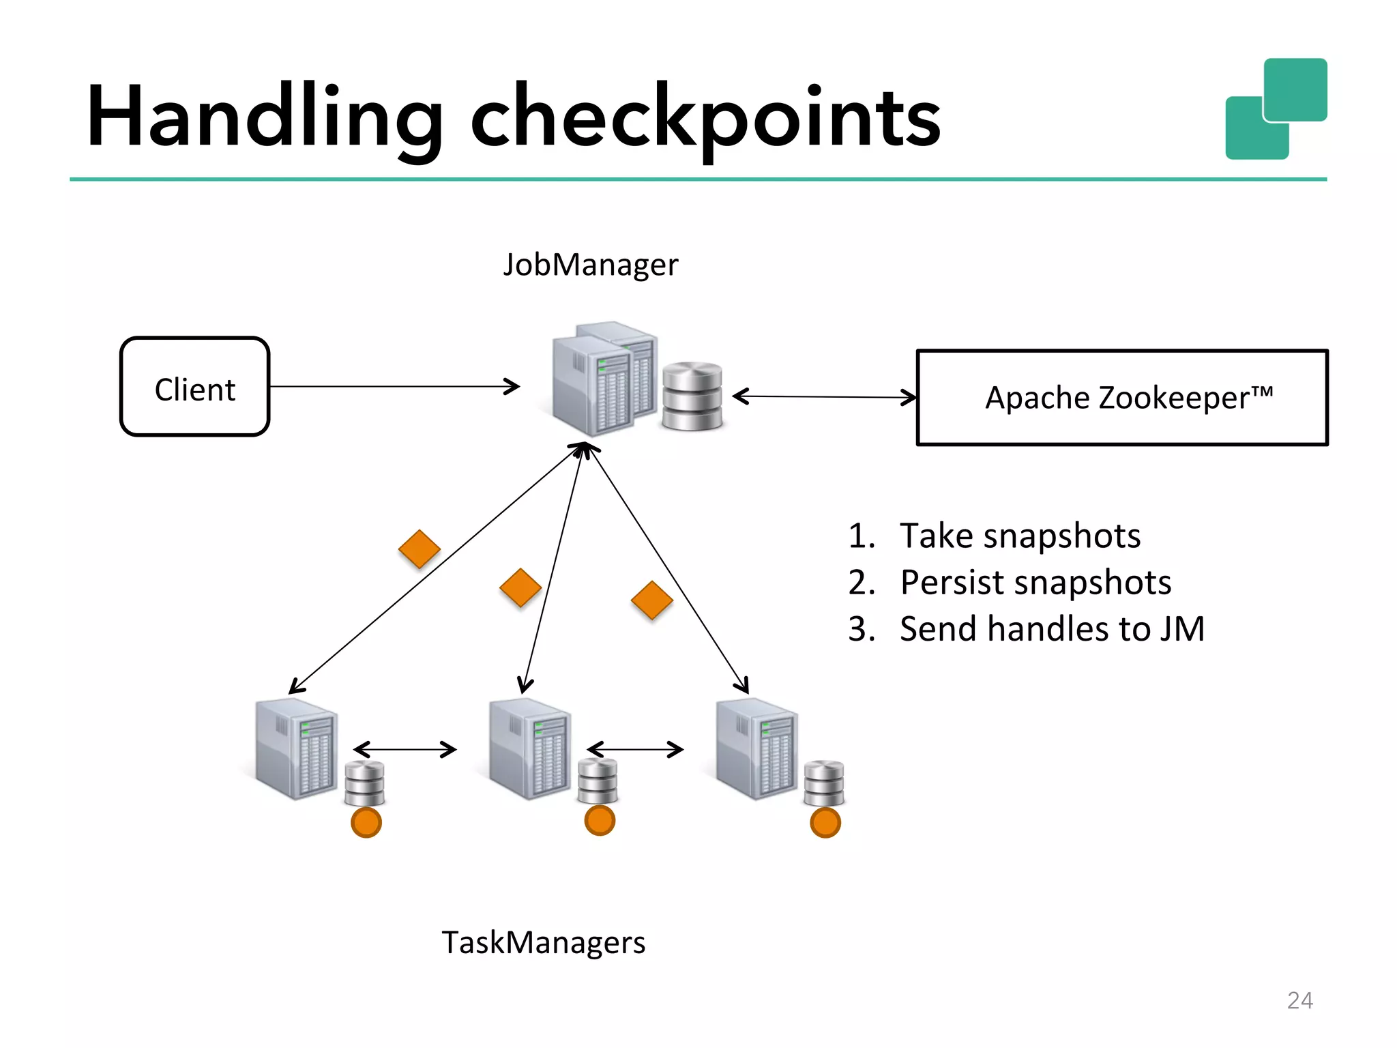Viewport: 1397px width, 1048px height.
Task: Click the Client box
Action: pos(195,387)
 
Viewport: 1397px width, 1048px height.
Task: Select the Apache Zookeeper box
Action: pos(1122,398)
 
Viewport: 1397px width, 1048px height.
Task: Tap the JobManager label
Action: pos(591,265)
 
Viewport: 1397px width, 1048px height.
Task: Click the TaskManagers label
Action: pos(543,943)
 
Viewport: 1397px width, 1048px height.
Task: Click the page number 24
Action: pos(1299,1000)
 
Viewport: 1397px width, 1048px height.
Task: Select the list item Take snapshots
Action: pos(1019,536)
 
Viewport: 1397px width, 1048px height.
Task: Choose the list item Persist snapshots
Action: pos(1035,583)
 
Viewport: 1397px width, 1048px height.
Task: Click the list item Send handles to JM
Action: pos(1051,629)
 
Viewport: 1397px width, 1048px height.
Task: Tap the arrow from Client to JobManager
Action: pos(394,387)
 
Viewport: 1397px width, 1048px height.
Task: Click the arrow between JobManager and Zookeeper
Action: pos(824,396)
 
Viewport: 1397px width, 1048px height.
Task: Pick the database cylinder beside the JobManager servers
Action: pos(692,396)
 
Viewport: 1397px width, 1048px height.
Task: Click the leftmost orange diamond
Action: pos(419,549)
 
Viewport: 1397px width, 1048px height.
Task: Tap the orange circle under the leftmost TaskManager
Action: pos(366,823)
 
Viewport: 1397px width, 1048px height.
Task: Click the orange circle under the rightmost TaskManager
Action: pos(825,823)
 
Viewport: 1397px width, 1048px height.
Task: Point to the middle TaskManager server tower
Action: pos(530,748)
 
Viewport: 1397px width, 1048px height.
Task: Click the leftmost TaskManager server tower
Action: pos(296,748)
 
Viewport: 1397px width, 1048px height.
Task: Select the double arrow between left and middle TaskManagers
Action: pos(405,750)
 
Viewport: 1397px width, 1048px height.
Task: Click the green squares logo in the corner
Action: pos(1276,109)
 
